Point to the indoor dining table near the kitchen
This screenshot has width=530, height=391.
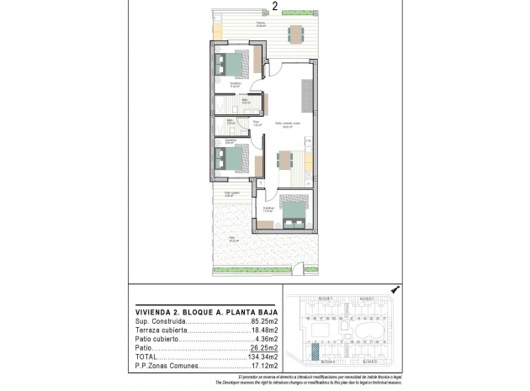tap(286, 160)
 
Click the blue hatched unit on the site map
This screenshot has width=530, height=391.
tap(315, 351)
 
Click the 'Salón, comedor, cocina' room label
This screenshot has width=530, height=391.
tap(287, 124)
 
